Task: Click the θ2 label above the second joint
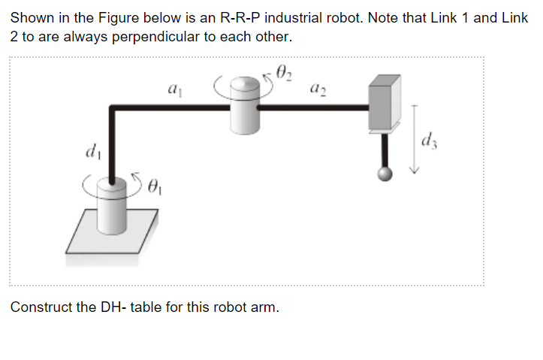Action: coord(284,74)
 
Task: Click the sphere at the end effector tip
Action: coord(385,174)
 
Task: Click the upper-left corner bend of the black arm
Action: coord(113,109)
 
